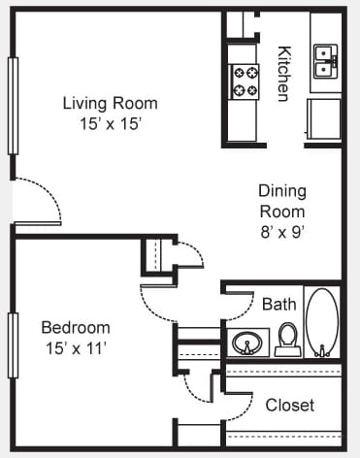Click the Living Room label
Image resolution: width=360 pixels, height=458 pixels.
pos(111,104)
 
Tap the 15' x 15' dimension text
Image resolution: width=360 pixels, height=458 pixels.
pos(111,123)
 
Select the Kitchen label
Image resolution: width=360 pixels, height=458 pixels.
pos(284,74)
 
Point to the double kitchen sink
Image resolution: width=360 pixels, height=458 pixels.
pos(325,61)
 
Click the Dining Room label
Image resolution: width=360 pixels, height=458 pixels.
pos(282,201)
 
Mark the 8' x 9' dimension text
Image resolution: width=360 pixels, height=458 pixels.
pos(283,232)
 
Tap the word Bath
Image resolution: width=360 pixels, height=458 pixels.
pos(279,305)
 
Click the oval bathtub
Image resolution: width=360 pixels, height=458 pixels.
pos(322,323)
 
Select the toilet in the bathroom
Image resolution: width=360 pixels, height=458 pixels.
pos(288,340)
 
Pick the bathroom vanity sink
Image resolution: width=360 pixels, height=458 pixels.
pos(247,343)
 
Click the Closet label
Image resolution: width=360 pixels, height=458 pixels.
pos(290,405)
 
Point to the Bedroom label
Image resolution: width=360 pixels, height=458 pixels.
pos(76,328)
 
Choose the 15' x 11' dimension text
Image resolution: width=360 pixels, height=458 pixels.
pos(77,348)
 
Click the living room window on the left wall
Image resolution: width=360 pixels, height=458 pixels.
pos(13,106)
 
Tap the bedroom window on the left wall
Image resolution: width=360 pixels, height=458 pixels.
pos(13,345)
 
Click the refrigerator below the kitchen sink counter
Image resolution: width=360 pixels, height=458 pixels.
pos(323,119)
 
